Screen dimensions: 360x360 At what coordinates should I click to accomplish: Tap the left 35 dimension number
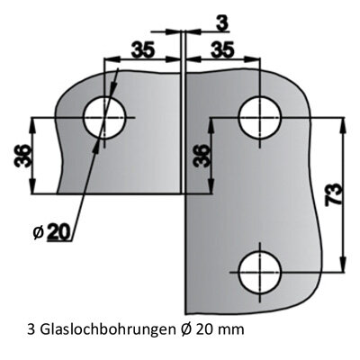(143, 49)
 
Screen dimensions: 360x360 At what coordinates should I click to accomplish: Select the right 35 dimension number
(222, 49)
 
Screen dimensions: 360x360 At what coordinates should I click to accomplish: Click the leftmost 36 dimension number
(22, 155)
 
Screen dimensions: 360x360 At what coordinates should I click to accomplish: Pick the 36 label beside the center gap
(201, 155)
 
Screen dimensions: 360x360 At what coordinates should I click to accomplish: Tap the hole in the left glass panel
(104, 118)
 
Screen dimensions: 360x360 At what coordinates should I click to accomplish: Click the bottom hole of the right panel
(260, 273)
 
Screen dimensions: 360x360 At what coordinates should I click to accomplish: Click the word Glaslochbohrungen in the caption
(106, 330)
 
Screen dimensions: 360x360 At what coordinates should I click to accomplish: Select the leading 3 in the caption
(31, 329)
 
